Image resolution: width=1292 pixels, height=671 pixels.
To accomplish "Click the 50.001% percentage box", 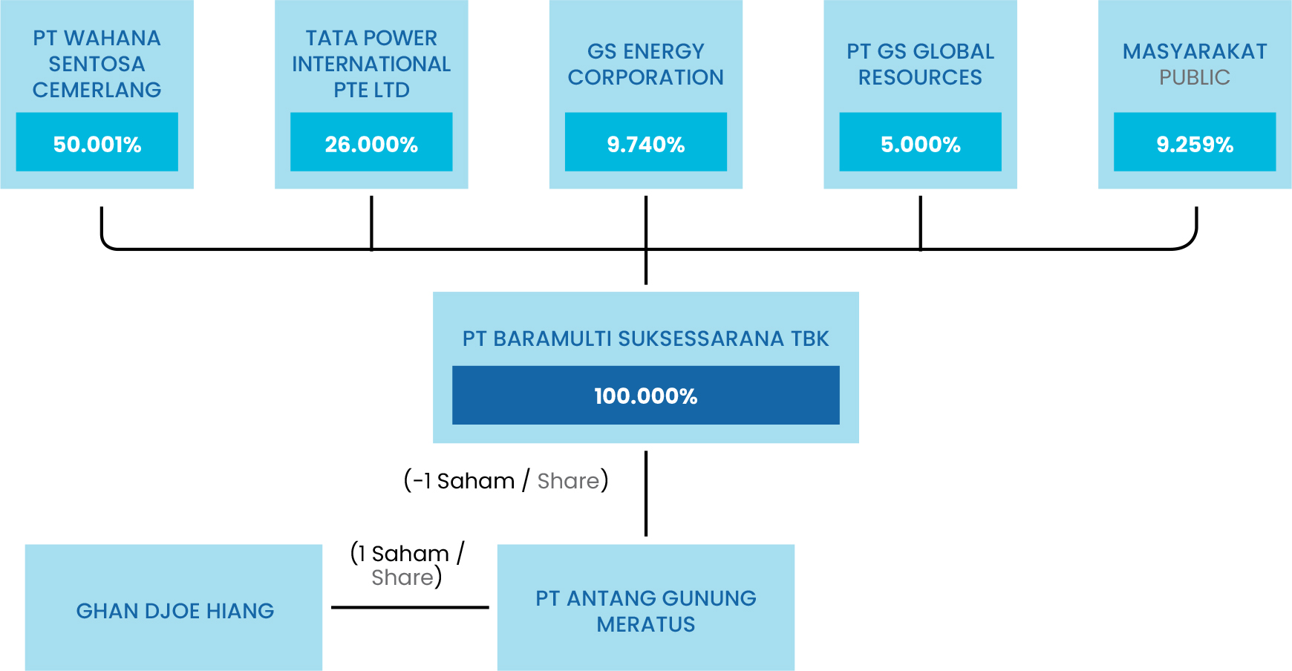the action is (x=97, y=142).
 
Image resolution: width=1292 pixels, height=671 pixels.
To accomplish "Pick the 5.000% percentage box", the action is (x=920, y=142).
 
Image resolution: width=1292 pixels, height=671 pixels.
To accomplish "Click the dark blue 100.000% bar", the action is (x=646, y=395).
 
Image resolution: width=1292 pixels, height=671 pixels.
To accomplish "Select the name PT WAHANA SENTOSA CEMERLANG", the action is (x=97, y=64).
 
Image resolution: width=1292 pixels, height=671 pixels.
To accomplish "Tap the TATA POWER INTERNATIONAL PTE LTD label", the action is (x=371, y=64).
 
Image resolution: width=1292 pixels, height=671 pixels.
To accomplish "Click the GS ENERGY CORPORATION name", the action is (x=646, y=64).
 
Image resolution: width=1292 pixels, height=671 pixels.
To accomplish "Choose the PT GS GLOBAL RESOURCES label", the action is (x=920, y=64).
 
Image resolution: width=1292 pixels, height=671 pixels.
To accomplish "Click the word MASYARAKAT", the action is (x=1195, y=51).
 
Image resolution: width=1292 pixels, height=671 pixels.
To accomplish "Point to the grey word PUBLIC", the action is (x=1195, y=77).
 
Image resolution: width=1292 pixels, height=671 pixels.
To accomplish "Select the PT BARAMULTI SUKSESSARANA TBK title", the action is (x=646, y=338).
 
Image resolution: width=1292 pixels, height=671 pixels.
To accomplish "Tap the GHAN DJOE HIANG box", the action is (x=174, y=607).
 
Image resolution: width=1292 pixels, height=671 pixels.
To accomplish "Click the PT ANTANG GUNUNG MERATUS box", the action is (x=646, y=607).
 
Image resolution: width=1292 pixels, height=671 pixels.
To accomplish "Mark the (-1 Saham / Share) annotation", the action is (x=506, y=480).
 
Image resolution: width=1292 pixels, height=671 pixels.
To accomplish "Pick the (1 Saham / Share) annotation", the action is (x=407, y=565).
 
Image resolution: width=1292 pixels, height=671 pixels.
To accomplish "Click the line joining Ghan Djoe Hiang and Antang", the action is (x=410, y=607).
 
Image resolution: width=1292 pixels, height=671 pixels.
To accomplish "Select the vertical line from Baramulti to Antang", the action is (x=646, y=494).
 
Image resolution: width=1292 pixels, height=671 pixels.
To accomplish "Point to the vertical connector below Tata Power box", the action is (x=371, y=223).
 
